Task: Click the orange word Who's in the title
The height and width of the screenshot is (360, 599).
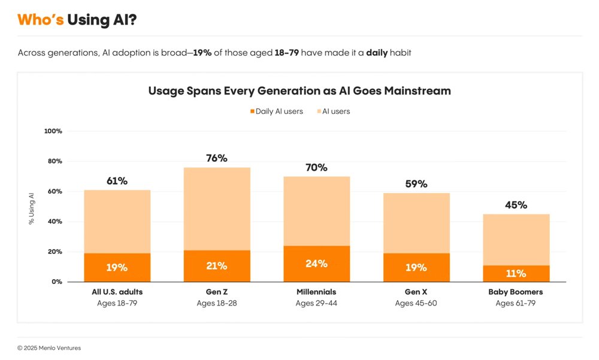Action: point(40,20)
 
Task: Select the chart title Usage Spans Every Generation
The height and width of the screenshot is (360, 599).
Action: point(299,91)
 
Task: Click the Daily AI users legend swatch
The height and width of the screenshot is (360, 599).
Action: point(252,111)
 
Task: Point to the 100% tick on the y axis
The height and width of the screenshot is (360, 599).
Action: point(53,131)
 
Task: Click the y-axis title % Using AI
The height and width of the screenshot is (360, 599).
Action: point(32,207)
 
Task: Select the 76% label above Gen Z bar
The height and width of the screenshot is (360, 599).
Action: point(216,158)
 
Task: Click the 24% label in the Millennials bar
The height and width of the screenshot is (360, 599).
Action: point(316,264)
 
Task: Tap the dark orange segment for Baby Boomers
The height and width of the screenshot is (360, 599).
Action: point(516,274)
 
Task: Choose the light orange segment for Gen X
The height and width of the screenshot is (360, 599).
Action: point(416,223)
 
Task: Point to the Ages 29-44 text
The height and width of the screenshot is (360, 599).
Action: point(316,303)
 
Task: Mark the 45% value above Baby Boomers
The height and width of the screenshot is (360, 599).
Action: point(516,205)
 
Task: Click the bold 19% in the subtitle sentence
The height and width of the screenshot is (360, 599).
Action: point(202,53)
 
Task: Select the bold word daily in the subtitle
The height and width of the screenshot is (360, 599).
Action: point(377,53)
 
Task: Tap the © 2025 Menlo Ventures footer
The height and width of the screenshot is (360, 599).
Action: point(49,348)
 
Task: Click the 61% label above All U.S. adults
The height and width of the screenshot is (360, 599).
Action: point(117,181)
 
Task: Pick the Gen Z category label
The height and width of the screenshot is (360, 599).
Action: point(216,292)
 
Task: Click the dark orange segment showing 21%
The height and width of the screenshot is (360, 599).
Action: point(216,267)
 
